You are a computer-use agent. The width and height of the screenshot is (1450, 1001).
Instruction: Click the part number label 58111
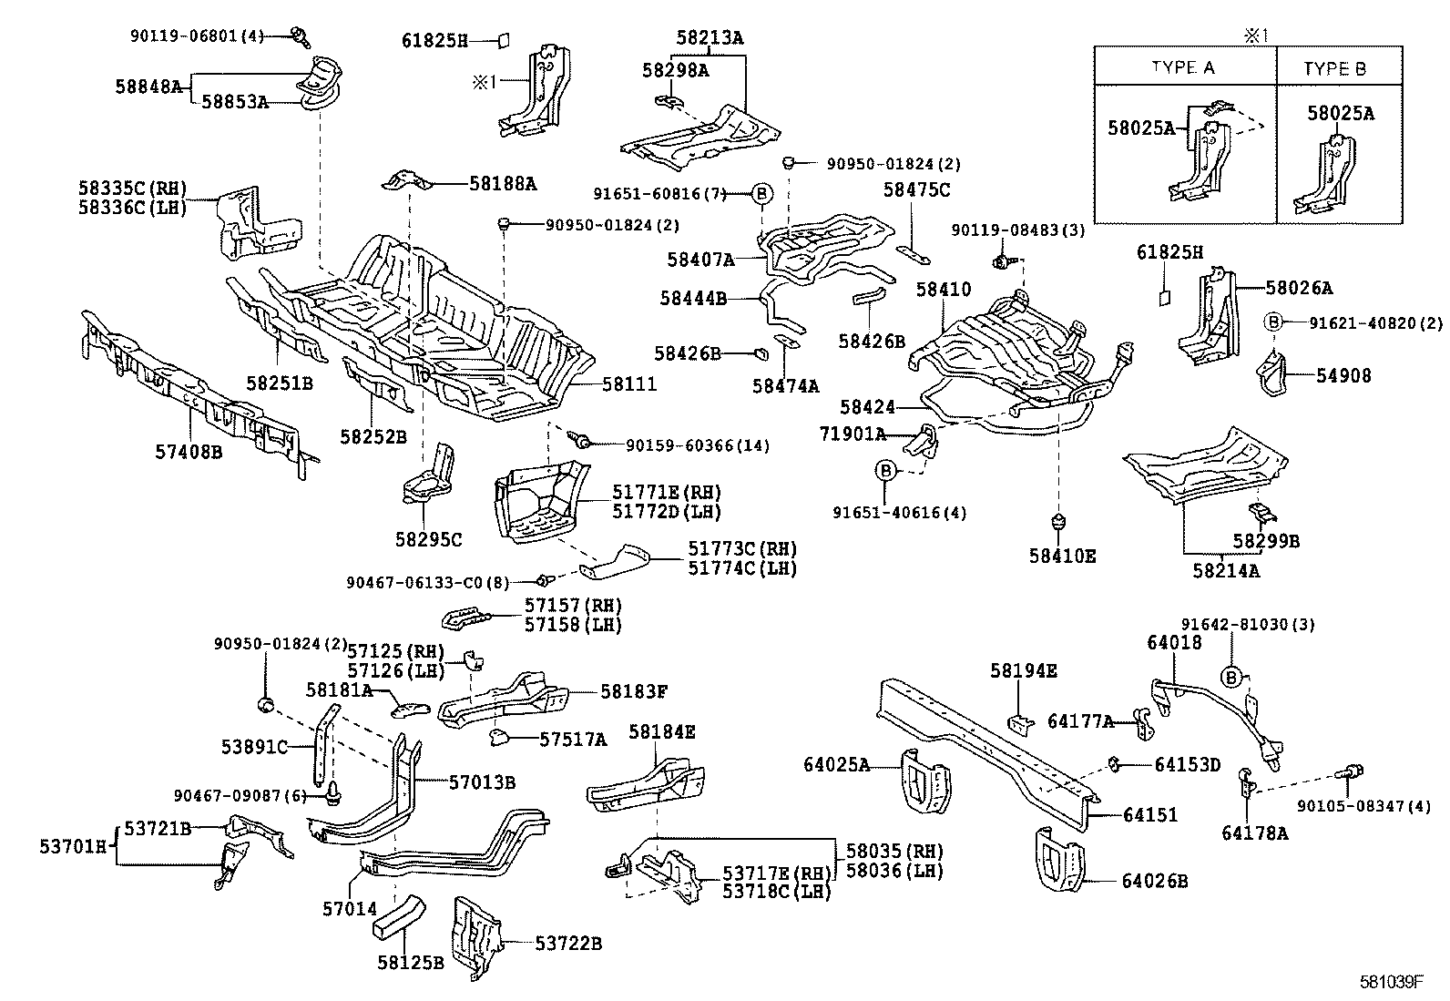(628, 385)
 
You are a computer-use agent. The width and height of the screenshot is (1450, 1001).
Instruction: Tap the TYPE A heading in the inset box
(1183, 68)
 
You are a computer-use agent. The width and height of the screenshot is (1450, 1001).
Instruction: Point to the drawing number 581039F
(1392, 981)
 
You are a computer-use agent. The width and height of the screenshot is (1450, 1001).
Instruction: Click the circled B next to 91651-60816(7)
(762, 193)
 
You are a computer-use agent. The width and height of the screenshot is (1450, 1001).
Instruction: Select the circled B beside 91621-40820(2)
(1273, 322)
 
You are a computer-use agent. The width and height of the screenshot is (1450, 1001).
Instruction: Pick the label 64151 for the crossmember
(1150, 814)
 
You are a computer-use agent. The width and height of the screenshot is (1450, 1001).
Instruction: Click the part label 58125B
(410, 962)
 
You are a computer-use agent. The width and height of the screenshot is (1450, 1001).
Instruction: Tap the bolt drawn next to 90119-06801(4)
(300, 36)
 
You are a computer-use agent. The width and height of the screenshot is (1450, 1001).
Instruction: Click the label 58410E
(1062, 556)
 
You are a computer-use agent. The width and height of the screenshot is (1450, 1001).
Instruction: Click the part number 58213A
(709, 38)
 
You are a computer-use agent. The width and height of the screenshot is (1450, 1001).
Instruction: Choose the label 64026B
(1154, 881)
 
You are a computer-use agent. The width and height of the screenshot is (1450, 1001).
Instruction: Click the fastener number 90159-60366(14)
(697, 444)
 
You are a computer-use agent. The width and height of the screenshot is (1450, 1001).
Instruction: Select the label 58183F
(634, 691)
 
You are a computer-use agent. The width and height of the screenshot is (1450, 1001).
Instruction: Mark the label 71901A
(852, 434)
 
